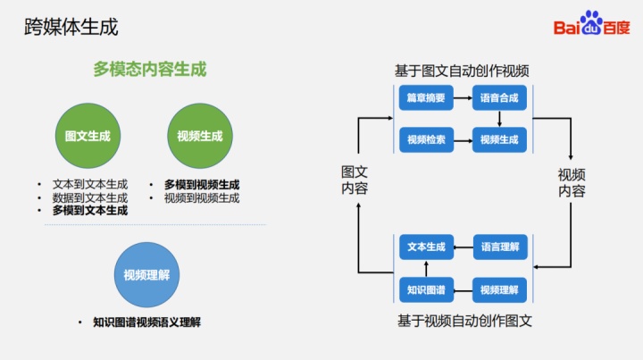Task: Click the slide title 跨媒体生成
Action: [x=71, y=27]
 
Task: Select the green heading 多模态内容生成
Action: [x=150, y=69]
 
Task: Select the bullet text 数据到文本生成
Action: [x=89, y=197]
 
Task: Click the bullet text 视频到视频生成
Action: [x=201, y=197]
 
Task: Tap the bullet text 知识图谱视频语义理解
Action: [x=146, y=322]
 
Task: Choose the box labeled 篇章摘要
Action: [x=426, y=98]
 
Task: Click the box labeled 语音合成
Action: [x=499, y=98]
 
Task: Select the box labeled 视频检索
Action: [x=426, y=139]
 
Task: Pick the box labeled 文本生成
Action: [x=426, y=247]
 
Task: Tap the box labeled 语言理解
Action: [x=499, y=247]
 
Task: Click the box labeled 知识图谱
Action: [x=426, y=289]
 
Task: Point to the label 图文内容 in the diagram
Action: [x=355, y=180]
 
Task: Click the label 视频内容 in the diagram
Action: [x=572, y=182]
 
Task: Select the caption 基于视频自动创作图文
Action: [x=464, y=320]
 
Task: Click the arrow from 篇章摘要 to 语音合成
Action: [x=463, y=98]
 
